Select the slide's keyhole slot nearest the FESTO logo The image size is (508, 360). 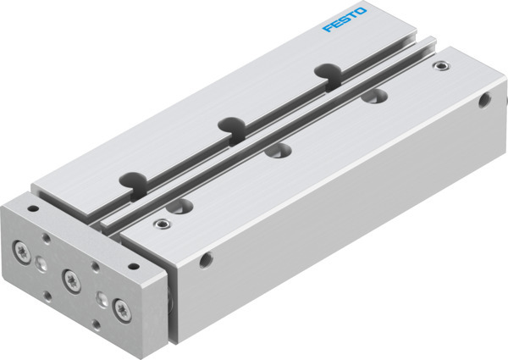[x=325, y=72]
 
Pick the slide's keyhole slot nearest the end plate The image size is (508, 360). [x=131, y=180]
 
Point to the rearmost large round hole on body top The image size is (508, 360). [x=370, y=97]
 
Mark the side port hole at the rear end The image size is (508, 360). [x=483, y=101]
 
